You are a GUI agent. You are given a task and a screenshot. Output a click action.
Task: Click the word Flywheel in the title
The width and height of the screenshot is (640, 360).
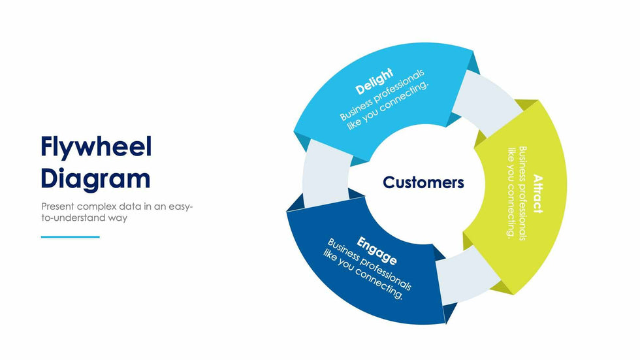click(x=96, y=147)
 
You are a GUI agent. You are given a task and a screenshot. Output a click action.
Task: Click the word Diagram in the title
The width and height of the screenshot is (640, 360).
click(x=95, y=178)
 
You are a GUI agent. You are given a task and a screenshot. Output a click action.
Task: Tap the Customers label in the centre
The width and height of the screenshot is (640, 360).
click(x=423, y=182)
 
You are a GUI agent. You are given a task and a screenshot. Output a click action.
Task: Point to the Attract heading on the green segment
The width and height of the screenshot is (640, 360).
click(x=537, y=193)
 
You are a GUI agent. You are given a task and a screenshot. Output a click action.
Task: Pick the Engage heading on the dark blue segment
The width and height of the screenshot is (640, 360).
click(x=377, y=250)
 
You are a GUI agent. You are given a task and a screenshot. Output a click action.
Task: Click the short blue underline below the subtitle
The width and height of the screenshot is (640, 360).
click(x=71, y=237)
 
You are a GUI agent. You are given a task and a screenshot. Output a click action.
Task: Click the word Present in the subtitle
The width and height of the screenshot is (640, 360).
click(x=57, y=206)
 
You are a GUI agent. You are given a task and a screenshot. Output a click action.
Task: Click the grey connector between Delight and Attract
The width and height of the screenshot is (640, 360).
click(x=487, y=105)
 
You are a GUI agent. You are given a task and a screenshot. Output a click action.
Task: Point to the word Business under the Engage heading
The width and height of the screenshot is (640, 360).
click(x=344, y=251)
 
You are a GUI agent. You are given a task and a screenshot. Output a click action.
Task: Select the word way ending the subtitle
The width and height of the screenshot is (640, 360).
click(x=119, y=218)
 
